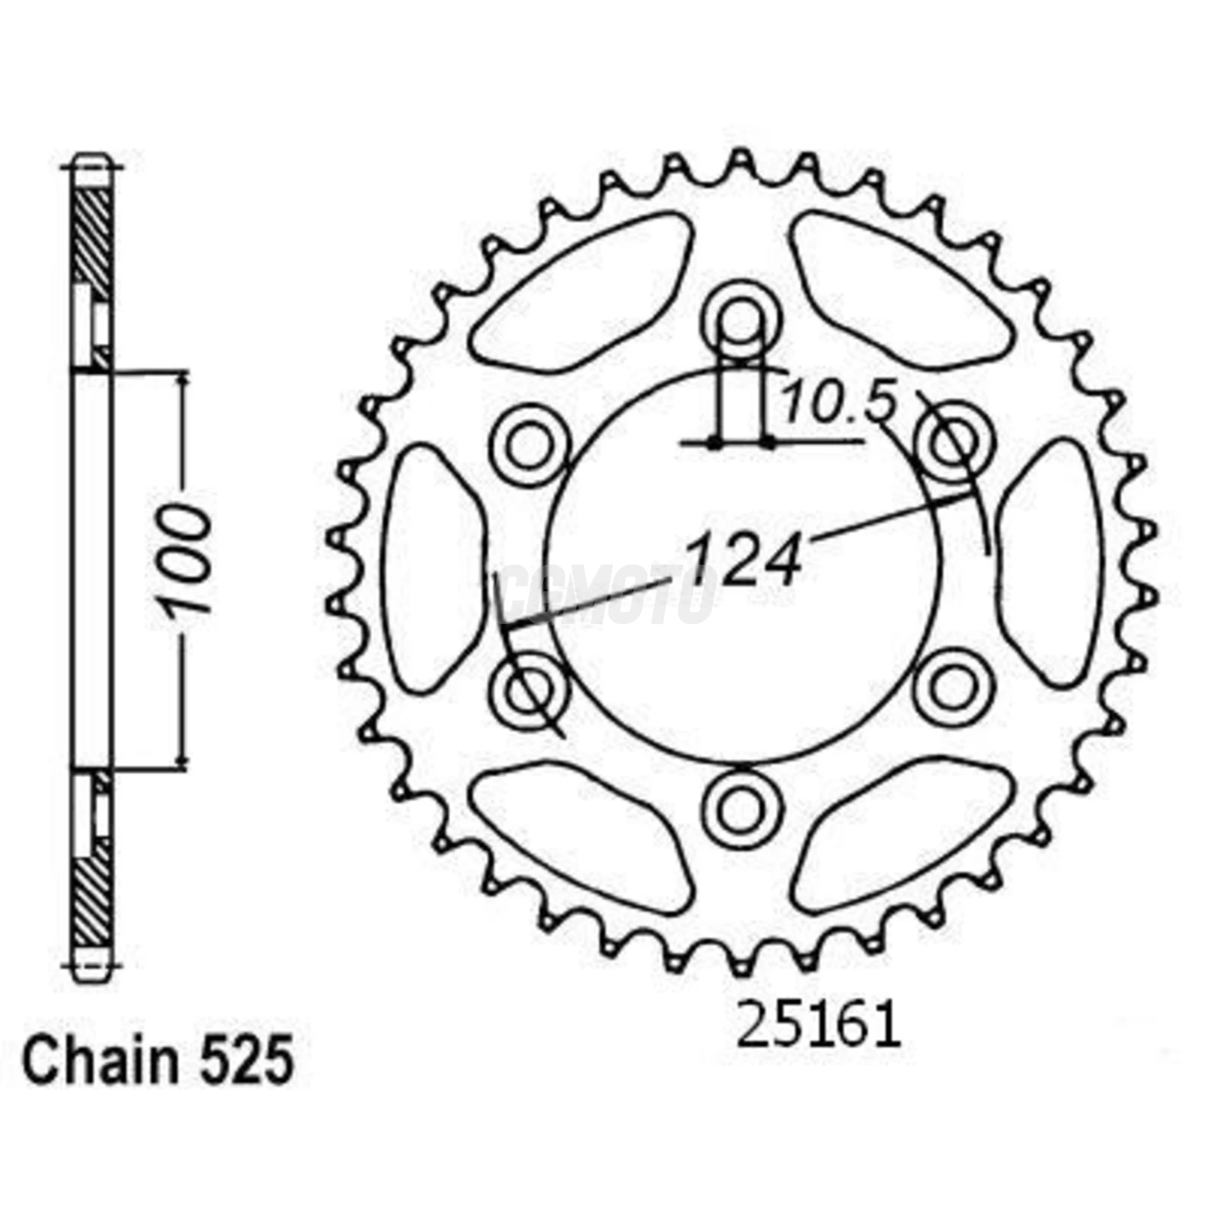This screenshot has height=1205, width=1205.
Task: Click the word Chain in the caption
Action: pyautogui.click(x=99, y=1061)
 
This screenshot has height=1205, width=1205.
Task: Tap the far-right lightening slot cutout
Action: pyautogui.click(x=1049, y=564)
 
